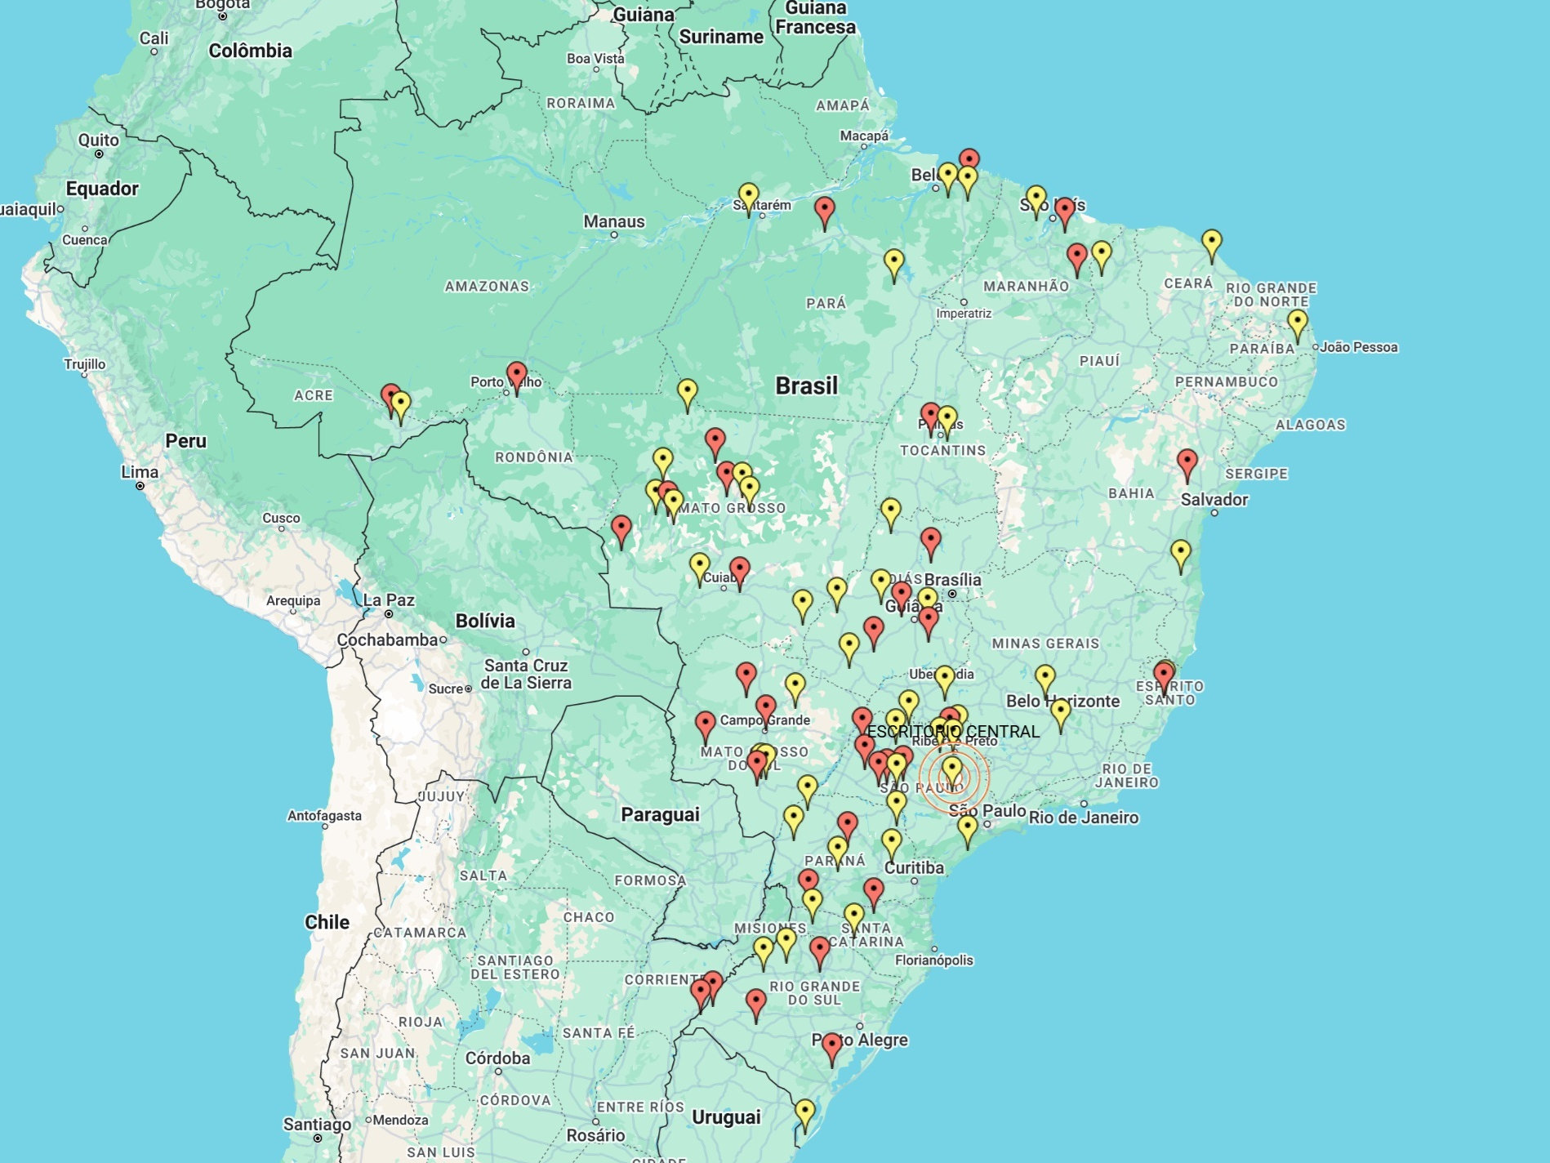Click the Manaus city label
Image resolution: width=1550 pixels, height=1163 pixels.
pyautogui.click(x=613, y=221)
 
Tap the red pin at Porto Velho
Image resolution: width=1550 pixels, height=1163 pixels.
pyautogui.click(x=516, y=377)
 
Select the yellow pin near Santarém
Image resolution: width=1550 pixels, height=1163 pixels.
pyautogui.click(x=748, y=197)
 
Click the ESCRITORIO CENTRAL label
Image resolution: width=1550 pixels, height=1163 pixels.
pyautogui.click(x=953, y=731)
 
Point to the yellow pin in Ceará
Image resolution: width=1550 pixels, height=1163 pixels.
pyautogui.click(x=1211, y=243)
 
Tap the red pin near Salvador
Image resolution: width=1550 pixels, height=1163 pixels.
pyautogui.click(x=1187, y=463)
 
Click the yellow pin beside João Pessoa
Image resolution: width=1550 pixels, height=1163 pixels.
pyautogui.click(x=1297, y=323)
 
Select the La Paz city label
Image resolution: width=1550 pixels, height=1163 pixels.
pyautogui.click(x=388, y=600)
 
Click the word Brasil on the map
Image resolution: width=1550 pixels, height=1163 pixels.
pyautogui.click(x=806, y=385)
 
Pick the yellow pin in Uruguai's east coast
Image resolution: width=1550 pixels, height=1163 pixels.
pyautogui.click(x=804, y=1112)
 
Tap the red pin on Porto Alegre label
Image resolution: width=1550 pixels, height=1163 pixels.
pyautogui.click(x=831, y=1046)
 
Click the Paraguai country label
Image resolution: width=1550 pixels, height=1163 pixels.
pyautogui.click(x=660, y=814)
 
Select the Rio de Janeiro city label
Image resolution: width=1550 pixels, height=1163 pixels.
pyautogui.click(x=1083, y=818)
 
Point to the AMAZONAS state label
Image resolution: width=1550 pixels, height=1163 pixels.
pyautogui.click(x=487, y=287)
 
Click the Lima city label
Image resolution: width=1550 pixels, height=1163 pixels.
pyautogui.click(x=140, y=472)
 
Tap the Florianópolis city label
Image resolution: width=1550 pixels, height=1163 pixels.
pyautogui.click(x=933, y=960)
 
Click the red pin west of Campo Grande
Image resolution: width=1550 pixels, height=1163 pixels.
pyautogui.click(x=705, y=724)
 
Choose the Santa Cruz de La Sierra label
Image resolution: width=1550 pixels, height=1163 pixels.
pyautogui.click(x=525, y=674)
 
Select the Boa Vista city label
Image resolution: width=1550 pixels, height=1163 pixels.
pyautogui.click(x=595, y=59)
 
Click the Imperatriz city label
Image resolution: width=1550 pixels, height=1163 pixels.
pyautogui.click(x=964, y=314)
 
